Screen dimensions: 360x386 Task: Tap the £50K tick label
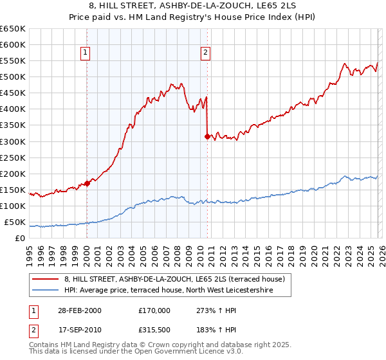(x=15, y=222)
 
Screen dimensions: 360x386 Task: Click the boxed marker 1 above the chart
(x=86, y=53)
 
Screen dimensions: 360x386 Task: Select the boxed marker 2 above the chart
(x=205, y=53)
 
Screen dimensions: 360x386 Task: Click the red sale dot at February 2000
(x=87, y=183)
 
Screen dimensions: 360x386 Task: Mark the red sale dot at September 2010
(x=207, y=136)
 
